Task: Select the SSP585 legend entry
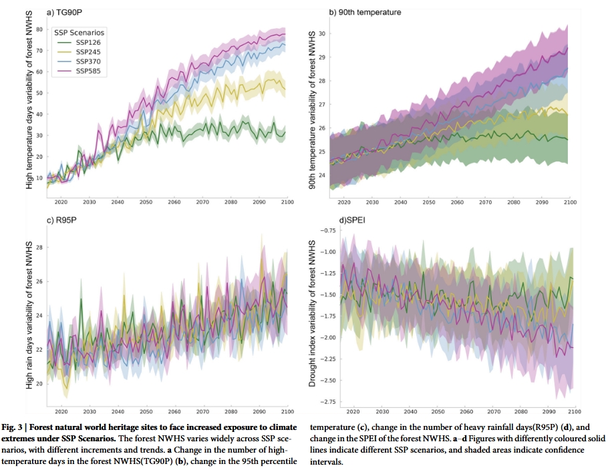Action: point(87,71)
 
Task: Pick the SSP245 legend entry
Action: point(87,51)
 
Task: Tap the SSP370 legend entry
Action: point(87,61)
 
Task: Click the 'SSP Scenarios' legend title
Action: point(78,32)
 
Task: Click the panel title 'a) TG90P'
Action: point(64,12)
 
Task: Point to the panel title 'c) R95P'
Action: point(62,220)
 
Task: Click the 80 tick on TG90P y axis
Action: point(39,29)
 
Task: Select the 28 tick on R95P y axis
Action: point(39,248)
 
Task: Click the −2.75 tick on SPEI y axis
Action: point(328,402)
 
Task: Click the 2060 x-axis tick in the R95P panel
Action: point(175,412)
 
